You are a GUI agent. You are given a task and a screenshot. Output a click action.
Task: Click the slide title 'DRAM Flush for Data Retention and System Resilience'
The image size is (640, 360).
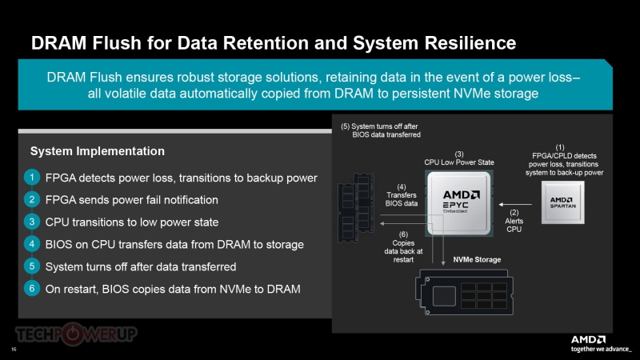coord(273,42)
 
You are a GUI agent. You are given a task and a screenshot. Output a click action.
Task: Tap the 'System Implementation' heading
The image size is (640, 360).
coord(98,151)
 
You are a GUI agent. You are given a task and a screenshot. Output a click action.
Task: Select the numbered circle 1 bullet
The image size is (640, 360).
coord(30,178)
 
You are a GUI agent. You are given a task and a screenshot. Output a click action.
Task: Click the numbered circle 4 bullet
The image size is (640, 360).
coord(30,244)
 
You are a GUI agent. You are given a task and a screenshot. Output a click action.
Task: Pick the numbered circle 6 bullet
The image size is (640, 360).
coord(30,289)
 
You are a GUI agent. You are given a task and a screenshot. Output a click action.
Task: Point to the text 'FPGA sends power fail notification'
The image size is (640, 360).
coord(132,200)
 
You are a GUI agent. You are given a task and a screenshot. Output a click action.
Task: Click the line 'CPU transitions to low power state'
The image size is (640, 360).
coord(132,222)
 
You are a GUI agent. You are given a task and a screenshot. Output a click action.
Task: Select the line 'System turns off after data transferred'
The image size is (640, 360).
coord(141,266)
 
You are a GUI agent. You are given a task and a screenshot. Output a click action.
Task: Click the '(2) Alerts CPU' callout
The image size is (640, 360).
coord(514,220)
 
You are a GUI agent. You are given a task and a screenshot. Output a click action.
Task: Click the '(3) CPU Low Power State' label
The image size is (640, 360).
coord(459,158)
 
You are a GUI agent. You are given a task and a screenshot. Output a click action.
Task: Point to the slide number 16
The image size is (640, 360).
coord(14,350)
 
